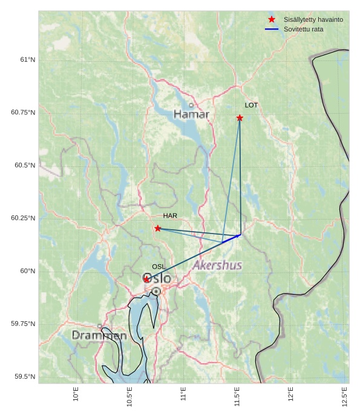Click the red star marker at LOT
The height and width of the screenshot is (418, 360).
(x=240, y=118)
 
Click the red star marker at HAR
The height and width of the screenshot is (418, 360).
(x=158, y=228)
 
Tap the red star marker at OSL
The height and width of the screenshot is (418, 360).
(x=146, y=279)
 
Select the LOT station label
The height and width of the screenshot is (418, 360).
(x=251, y=105)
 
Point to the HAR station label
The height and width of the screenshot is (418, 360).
(x=170, y=216)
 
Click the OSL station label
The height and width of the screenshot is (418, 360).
(x=159, y=267)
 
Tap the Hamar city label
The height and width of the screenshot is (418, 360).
(x=191, y=114)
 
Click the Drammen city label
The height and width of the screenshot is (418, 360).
(x=99, y=335)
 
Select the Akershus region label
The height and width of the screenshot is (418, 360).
(x=217, y=266)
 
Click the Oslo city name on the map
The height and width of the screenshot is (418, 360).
(x=157, y=278)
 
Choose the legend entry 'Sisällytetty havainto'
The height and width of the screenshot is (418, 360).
(x=313, y=19)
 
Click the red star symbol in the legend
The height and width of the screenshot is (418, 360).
(x=272, y=19)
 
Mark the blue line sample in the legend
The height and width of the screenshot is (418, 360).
(x=272, y=29)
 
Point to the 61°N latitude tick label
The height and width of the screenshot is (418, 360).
(x=27, y=60)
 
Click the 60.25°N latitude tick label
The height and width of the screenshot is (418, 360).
(x=23, y=218)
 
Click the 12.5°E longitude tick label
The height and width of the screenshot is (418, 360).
(x=345, y=396)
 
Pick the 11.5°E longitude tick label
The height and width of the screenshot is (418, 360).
(x=237, y=396)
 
